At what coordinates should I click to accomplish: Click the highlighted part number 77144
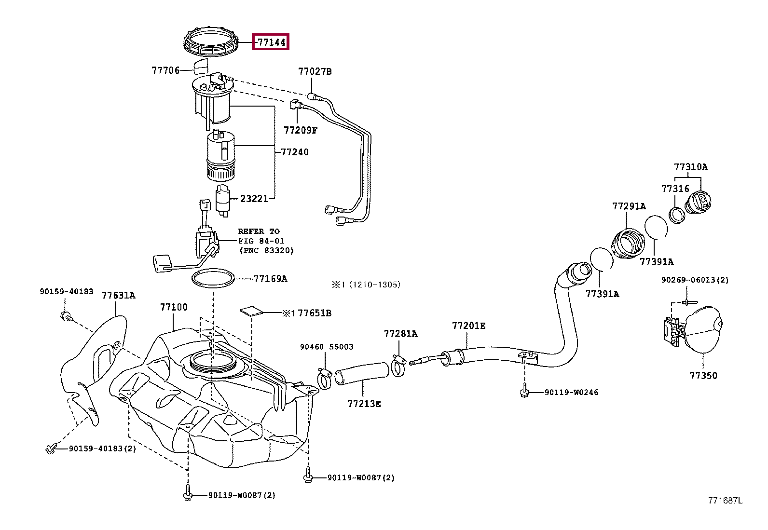point(271,42)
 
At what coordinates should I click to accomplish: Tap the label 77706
point(165,70)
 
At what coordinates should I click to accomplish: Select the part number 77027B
point(315,71)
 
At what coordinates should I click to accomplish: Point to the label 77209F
point(301,130)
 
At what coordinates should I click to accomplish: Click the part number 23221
point(254,199)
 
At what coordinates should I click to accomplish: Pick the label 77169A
point(270,279)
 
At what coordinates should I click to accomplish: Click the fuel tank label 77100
point(174,307)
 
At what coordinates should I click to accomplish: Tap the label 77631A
point(118,295)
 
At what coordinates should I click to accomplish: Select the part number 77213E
point(364,404)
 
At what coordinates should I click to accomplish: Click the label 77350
point(703,376)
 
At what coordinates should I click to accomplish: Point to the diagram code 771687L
point(726,501)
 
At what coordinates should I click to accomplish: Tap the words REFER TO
point(259,231)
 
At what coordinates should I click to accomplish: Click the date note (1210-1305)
point(374,285)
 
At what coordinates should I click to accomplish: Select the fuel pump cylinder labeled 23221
point(223,201)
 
